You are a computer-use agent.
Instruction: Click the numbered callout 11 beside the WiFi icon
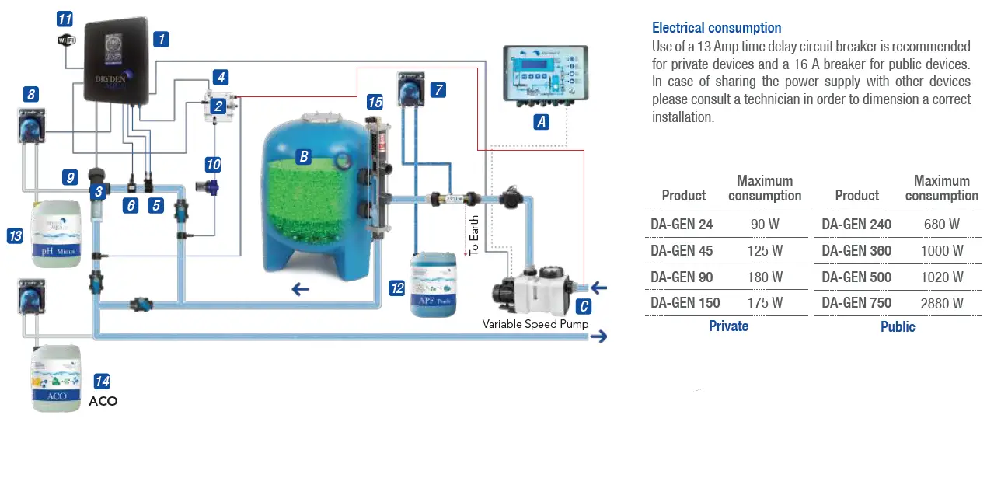pyautogui.click(x=65, y=19)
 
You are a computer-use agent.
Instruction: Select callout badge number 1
pyautogui.click(x=161, y=38)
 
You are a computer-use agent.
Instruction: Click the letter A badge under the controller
pyautogui.click(x=542, y=121)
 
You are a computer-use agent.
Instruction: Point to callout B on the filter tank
pyautogui.click(x=304, y=157)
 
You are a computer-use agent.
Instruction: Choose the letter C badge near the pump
pyautogui.click(x=584, y=306)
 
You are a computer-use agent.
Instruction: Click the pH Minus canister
pyautogui.click(x=56, y=234)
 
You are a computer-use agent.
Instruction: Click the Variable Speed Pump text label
pyautogui.click(x=535, y=324)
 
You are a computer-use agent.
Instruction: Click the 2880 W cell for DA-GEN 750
pyautogui.click(x=941, y=303)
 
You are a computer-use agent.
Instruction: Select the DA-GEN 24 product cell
pyautogui.click(x=682, y=225)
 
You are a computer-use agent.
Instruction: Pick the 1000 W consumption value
pyautogui.click(x=941, y=251)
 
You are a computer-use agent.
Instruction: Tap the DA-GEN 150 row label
pyautogui.click(x=685, y=303)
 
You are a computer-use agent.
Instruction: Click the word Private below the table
pyautogui.click(x=728, y=326)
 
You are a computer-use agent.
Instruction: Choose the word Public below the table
pyautogui.click(x=898, y=327)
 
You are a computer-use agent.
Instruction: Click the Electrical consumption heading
pyautogui.click(x=717, y=28)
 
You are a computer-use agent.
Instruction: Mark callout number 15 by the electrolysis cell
pyautogui.click(x=375, y=103)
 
